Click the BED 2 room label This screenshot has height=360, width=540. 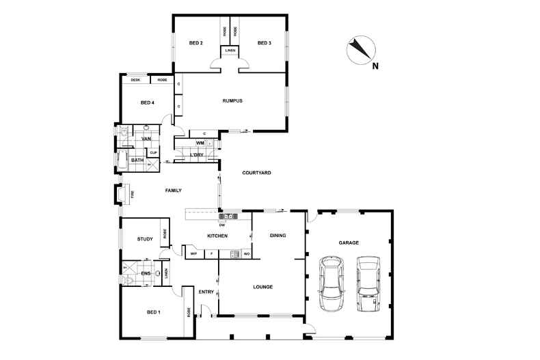(x=195, y=43)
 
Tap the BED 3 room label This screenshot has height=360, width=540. (x=264, y=43)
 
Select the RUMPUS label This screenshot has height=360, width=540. (x=232, y=101)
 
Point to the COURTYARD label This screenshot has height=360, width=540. (x=256, y=173)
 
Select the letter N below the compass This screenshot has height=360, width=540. (x=375, y=66)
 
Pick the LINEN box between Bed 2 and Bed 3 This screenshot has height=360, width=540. (x=229, y=51)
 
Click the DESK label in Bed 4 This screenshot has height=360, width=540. (x=135, y=80)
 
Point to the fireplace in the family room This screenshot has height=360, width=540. (x=124, y=195)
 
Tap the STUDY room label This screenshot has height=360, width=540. (x=144, y=239)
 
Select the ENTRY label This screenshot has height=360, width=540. (x=206, y=292)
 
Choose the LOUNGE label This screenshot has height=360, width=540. (x=262, y=287)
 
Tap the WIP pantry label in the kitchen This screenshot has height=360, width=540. (x=193, y=254)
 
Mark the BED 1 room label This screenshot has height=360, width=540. (x=154, y=312)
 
